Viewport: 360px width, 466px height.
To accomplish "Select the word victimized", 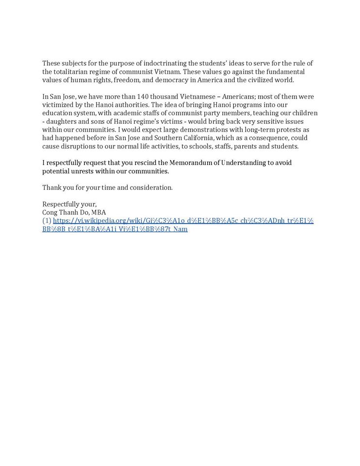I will [58, 105].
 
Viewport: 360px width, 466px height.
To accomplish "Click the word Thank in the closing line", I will [52, 187].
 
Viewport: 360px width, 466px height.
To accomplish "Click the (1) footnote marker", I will [47, 221].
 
